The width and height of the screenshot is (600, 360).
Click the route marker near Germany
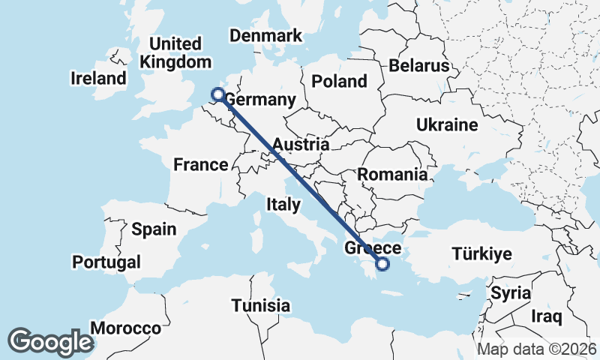tap(218, 94)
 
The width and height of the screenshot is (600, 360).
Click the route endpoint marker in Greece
tap(382, 264)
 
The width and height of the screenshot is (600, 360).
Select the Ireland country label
tap(98, 78)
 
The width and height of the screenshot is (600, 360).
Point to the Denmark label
tap(265, 36)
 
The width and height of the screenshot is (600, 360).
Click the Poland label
tap(340, 81)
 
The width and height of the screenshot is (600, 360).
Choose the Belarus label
tap(418, 65)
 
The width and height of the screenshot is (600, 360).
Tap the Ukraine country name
tap(446, 124)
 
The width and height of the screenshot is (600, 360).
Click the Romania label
tap(392, 175)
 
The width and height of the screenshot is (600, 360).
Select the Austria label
tap(301, 144)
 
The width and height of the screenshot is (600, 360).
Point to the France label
tap(200, 165)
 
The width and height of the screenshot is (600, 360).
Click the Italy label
tap(283, 204)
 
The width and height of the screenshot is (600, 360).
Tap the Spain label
tap(153, 229)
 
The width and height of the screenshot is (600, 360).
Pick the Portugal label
tap(106, 262)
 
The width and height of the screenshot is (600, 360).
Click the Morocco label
tap(125, 328)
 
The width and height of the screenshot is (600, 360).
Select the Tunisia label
tap(260, 305)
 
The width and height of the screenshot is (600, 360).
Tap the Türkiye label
tap(481, 254)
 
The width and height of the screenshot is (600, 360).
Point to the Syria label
tap(511, 293)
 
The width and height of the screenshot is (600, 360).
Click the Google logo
tap(50, 342)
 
